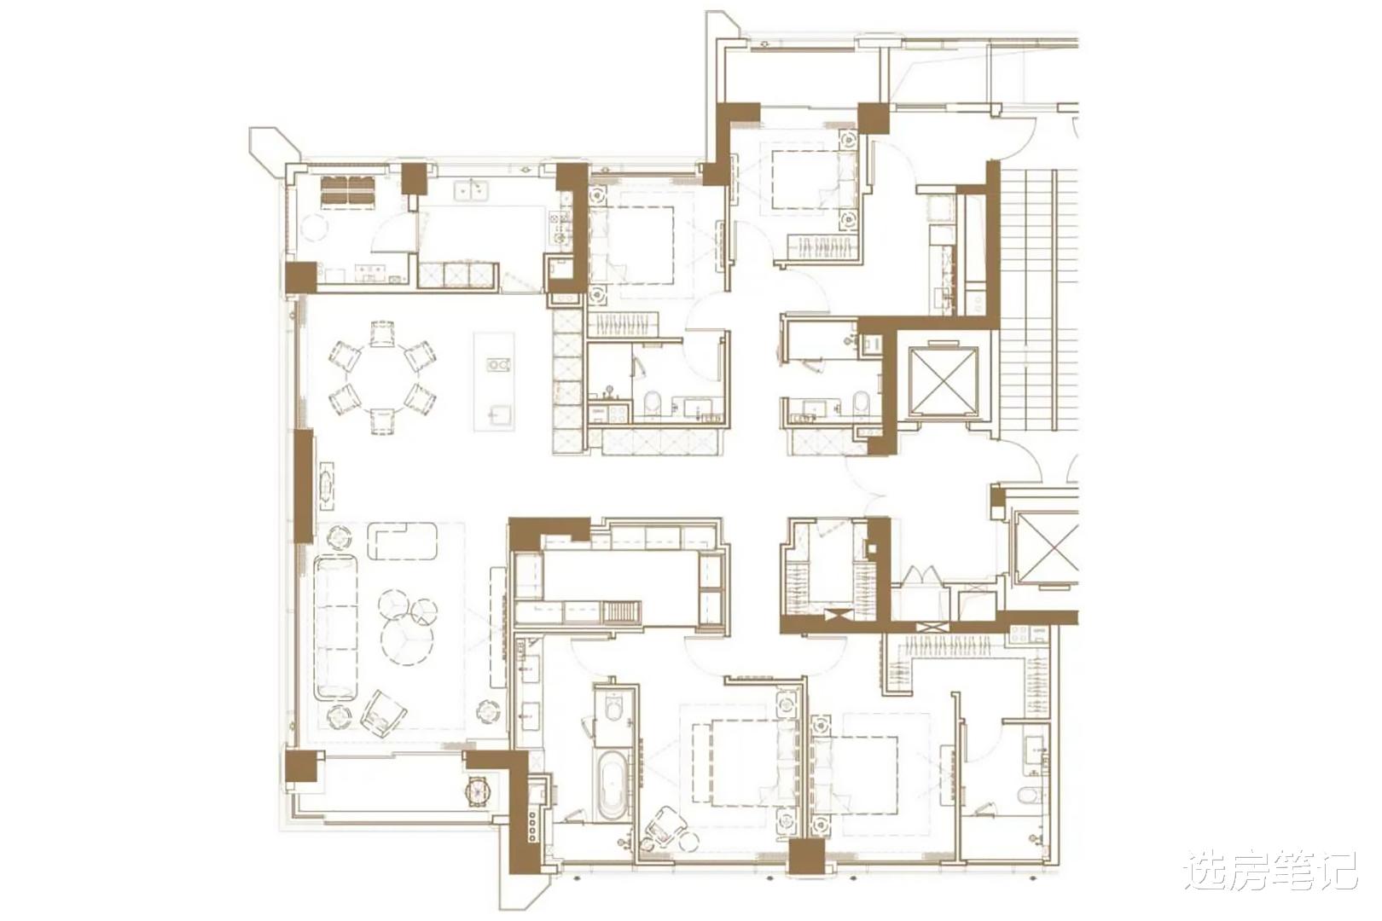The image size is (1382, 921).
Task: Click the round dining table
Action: tap(382, 377)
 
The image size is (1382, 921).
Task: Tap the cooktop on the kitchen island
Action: tap(498, 365)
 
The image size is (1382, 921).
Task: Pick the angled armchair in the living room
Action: tap(384, 714)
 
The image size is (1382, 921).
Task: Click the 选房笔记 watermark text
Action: tap(1270, 871)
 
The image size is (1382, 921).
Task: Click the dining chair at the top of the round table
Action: tap(382, 333)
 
